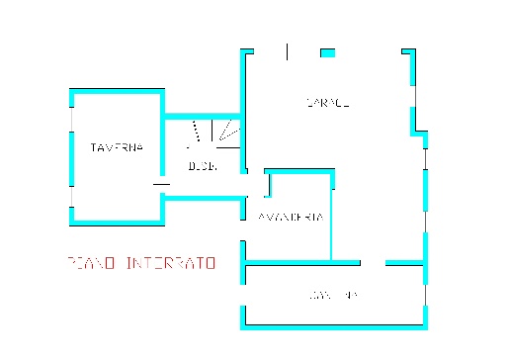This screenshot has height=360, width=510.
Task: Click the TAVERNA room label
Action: click(117, 148)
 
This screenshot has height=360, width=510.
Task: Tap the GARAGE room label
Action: click(327, 102)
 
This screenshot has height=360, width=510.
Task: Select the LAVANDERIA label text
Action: click(290, 217)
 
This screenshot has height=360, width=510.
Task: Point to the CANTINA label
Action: click(331, 296)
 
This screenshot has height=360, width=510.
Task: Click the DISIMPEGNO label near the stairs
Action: click(203, 166)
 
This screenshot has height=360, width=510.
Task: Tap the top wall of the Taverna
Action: click(117, 90)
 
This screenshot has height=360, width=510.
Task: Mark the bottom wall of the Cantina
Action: click(336, 325)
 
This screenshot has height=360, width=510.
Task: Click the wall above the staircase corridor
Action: click(203, 115)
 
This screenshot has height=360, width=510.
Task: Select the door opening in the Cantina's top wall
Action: click(373, 263)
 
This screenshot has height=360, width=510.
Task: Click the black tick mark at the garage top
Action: click(287, 50)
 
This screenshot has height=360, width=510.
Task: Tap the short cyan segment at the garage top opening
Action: click(327, 52)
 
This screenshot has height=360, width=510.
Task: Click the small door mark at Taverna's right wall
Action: click(160, 183)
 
